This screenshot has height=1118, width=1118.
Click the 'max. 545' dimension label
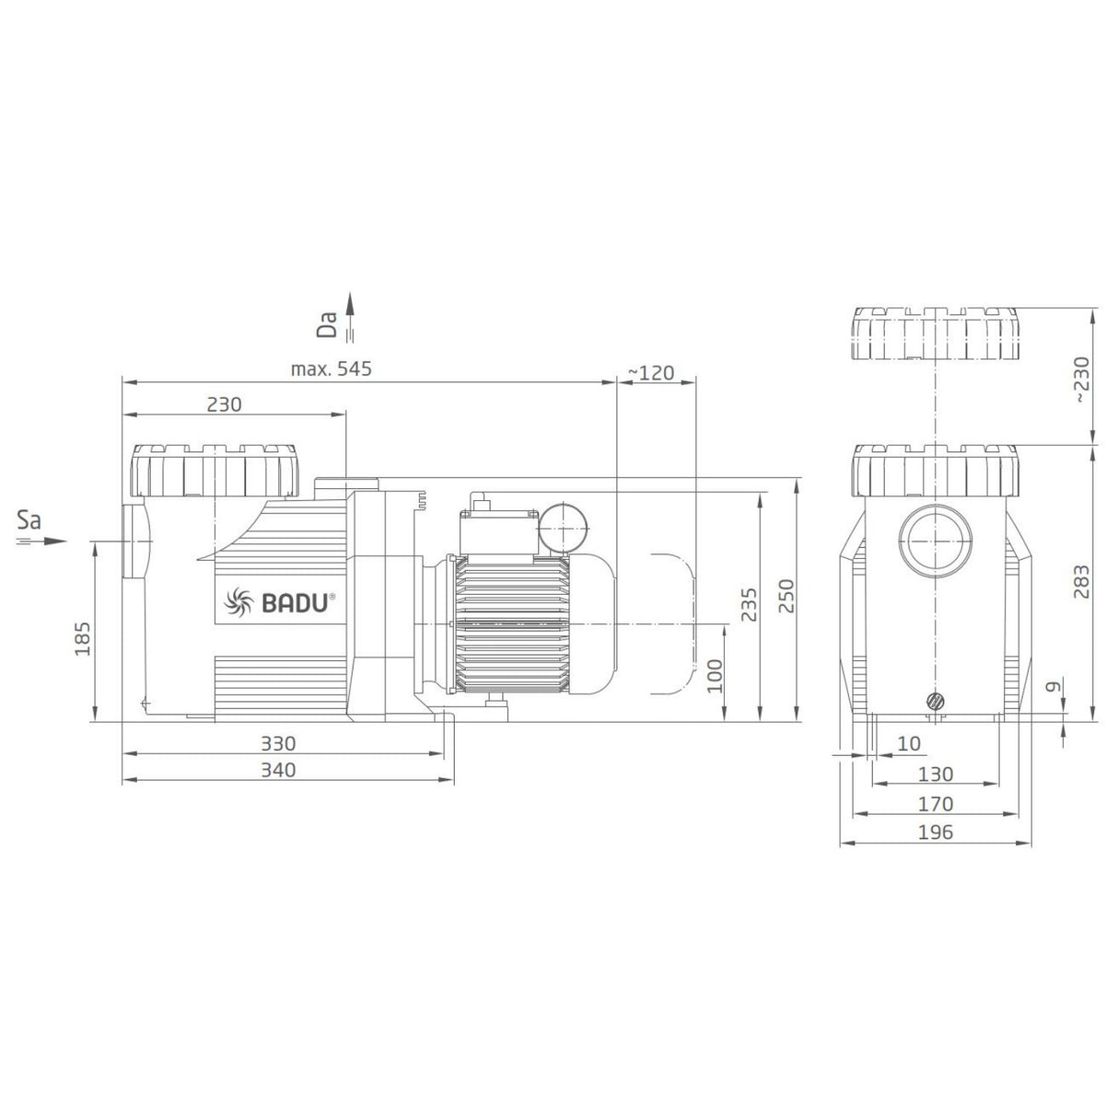tap(332, 370)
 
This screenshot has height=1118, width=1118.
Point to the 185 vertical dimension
tap(82, 637)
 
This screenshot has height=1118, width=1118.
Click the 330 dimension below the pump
tap(277, 743)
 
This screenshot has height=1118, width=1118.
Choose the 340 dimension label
tap(277, 770)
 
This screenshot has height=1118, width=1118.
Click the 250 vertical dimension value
tap(785, 597)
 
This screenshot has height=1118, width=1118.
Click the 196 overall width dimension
tap(936, 832)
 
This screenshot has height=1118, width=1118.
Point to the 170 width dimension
tap(936, 804)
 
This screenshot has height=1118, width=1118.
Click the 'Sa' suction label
tap(30, 521)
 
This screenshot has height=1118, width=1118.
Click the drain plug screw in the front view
tap(936, 701)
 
